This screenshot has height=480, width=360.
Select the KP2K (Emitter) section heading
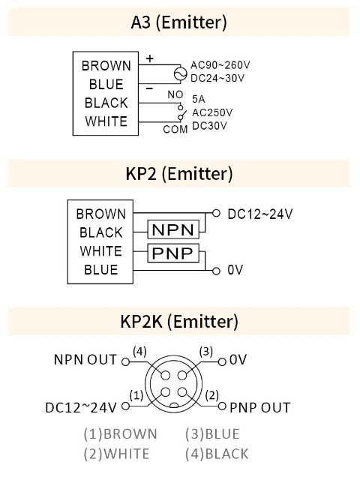click(179, 322)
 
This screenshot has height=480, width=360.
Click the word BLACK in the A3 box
click(106, 103)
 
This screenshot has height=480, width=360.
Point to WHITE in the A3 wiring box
click(106, 121)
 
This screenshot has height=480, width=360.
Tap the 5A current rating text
click(199, 99)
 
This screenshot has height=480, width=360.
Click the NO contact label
click(175, 94)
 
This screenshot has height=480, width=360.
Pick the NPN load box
click(173, 229)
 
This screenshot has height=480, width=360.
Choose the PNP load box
click(173, 253)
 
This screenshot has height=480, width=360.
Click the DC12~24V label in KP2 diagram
click(259, 214)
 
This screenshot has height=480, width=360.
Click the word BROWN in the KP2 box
click(100, 214)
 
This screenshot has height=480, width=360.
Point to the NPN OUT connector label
click(85, 359)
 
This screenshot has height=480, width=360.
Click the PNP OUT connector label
click(259, 408)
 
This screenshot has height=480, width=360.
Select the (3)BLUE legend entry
click(212, 433)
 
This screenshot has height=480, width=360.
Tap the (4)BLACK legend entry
click(217, 453)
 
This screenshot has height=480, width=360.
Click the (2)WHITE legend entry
click(116, 453)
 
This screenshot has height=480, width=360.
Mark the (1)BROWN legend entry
click(120, 433)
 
